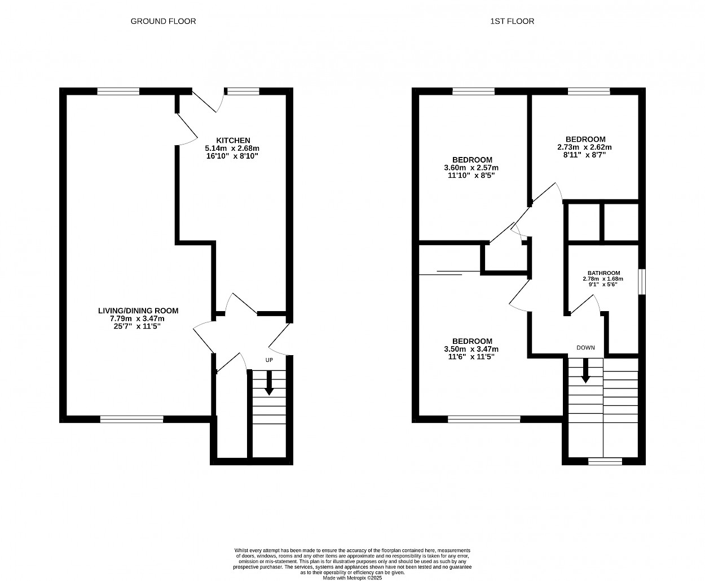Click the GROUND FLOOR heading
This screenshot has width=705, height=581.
[x=163, y=21]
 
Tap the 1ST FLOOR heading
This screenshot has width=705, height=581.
[x=512, y=21]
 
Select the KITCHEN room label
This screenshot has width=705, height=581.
[x=233, y=141]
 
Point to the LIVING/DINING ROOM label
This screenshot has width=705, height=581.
[x=138, y=311]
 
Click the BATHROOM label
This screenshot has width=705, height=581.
[x=603, y=273]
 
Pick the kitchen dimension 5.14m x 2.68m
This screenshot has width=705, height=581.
[x=232, y=148]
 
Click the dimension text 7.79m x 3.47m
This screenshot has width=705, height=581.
[x=137, y=318]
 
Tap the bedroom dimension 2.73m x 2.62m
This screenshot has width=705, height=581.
[x=584, y=147]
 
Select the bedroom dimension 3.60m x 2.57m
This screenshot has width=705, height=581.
[x=471, y=168]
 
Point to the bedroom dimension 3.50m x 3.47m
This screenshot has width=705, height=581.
[x=471, y=350]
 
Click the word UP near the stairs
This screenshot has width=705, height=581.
[x=269, y=360]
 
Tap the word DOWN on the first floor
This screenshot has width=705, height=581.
[x=585, y=348]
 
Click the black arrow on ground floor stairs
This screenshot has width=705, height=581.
[x=269, y=383]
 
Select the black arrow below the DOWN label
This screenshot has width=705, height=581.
[x=585, y=370]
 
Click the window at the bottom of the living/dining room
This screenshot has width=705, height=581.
[x=132, y=420]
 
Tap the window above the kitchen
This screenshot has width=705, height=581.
[x=243, y=91]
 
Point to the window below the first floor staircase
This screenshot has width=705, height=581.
[x=605, y=461]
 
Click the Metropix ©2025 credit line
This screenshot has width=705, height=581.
[x=352, y=578]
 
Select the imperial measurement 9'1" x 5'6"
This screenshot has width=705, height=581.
[x=603, y=285]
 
